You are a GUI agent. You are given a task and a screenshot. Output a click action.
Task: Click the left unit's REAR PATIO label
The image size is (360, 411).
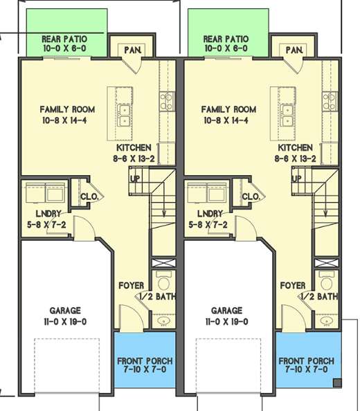point(64,39)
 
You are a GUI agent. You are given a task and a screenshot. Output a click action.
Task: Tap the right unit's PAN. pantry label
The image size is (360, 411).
point(294,50)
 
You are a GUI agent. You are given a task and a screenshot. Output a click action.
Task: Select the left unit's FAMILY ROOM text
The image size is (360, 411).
point(67,109)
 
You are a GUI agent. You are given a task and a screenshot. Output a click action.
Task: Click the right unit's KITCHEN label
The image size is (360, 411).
point(295,147)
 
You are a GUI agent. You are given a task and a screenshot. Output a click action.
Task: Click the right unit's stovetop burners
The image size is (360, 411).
point(330,101)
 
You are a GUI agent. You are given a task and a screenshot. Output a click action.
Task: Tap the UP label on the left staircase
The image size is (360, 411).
point(135,179)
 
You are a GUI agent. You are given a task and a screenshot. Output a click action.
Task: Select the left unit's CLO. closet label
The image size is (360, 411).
point(89,197)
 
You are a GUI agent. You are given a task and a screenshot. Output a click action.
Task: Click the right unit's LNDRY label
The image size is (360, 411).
point(210,214)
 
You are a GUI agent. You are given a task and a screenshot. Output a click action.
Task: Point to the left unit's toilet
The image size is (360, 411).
point(163,281)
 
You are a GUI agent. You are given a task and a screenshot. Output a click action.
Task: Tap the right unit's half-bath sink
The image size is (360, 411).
point(326,320)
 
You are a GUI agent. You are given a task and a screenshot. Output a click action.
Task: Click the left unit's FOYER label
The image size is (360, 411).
point(132,286)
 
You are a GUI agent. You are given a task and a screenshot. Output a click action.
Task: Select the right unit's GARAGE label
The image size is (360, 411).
point(226,311)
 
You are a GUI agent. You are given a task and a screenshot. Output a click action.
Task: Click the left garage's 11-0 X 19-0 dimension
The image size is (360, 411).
point(65,322)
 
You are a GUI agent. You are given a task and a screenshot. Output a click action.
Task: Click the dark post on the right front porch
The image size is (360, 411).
point(337,383)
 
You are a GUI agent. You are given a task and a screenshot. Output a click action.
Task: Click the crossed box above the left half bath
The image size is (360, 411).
point(163,263)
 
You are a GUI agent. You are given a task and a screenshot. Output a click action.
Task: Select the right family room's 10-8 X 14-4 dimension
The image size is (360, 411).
point(226,120)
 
